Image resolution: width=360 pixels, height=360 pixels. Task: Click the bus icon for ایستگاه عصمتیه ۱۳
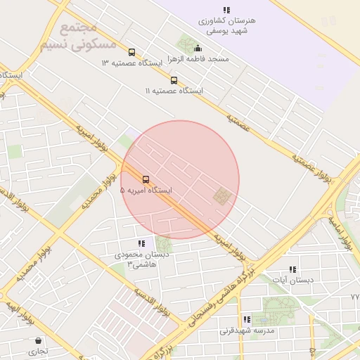pos(131,52)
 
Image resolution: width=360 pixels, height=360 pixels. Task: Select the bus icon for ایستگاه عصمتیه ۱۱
pos(174,80)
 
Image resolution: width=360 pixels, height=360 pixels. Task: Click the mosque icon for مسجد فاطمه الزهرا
pos(198,49)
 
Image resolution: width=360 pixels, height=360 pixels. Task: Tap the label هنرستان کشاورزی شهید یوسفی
pos(226,26)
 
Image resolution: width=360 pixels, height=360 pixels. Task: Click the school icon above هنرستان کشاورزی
pos(226,10)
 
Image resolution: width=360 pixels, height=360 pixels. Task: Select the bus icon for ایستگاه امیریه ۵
pos(146,179)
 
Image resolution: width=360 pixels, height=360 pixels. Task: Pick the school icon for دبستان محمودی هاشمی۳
pos(141,243)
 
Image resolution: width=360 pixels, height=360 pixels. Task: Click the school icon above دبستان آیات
pos(292,269)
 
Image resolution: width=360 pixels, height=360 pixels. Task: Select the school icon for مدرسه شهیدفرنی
pos(247,319)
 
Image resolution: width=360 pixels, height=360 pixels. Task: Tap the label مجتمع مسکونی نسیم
pos(68,36)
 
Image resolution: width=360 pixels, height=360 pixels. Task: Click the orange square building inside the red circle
pos(222,197)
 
